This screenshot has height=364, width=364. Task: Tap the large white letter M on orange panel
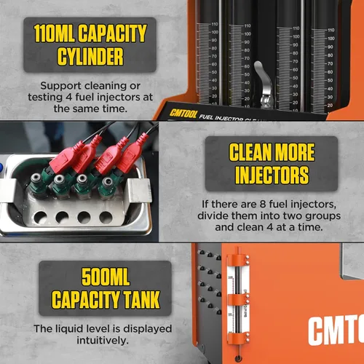[x=342, y=331]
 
